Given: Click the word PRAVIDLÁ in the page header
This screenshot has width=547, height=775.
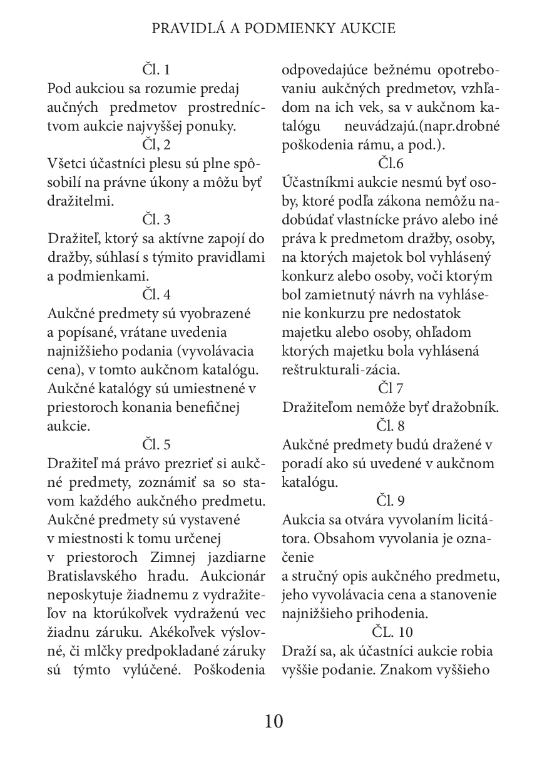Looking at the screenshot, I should [182, 29].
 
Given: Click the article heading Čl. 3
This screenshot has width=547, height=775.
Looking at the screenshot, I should [156, 219].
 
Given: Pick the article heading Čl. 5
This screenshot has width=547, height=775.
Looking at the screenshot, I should [156, 444].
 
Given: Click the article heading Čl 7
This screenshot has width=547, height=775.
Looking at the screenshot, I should [391, 388].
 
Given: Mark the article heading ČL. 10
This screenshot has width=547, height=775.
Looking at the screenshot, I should [392, 632].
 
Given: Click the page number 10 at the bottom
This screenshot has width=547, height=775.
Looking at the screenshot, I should [273, 721].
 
